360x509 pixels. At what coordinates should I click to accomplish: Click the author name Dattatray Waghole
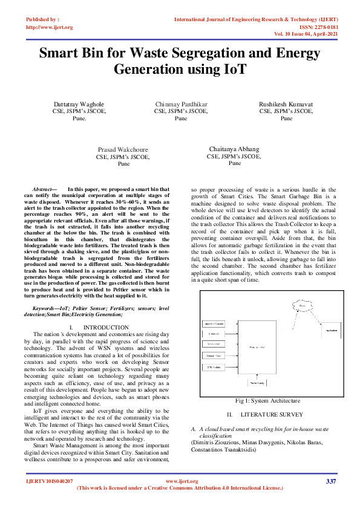[79, 105]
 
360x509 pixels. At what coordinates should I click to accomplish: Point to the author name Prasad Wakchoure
[123, 149]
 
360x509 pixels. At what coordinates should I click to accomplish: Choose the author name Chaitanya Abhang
[234, 149]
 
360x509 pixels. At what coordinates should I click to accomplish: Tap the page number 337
[330, 481]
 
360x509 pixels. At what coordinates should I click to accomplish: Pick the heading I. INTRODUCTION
[99, 327]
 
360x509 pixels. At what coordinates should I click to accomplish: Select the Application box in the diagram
[331, 330]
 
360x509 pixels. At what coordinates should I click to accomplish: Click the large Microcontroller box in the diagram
[257, 346]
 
